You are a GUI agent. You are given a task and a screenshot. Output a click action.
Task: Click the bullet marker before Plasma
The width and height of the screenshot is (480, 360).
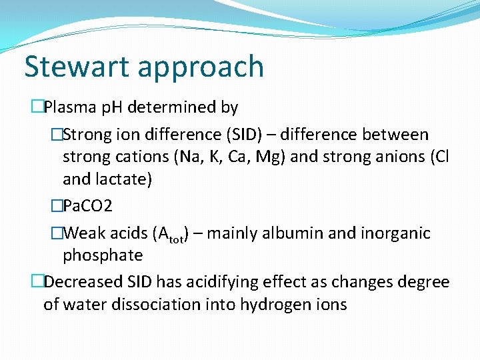tap(37, 107)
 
